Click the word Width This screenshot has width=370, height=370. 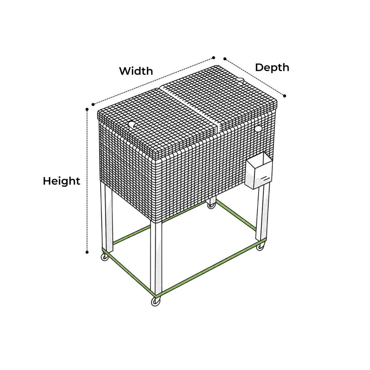(x=136, y=71)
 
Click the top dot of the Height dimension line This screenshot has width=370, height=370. (x=87, y=109)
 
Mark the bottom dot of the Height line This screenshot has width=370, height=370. (x=87, y=252)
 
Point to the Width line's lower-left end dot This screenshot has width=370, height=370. (x=93, y=105)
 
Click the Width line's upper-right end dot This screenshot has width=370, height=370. (x=213, y=58)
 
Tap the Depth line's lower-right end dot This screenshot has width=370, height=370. (x=285, y=96)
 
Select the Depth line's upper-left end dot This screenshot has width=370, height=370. (x=225, y=59)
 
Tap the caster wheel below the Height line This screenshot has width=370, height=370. (x=105, y=257)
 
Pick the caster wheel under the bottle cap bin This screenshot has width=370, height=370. (x=261, y=246)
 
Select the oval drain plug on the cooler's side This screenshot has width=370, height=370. (x=258, y=128)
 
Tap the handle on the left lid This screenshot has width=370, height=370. (x=132, y=125)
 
